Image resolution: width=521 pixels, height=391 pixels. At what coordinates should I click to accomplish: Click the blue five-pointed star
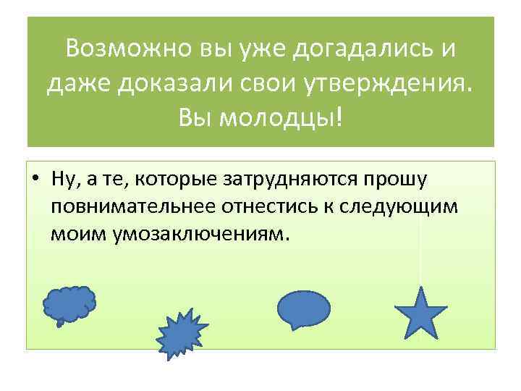[420, 313]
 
